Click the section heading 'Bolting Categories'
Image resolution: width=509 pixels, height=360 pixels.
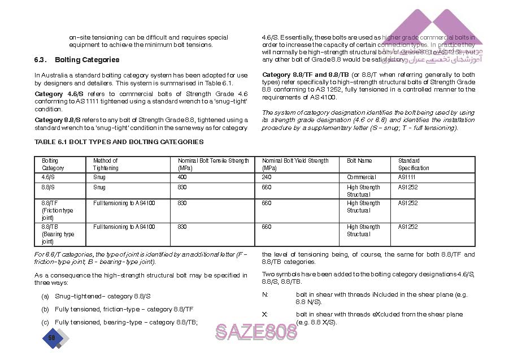click(x=86, y=60)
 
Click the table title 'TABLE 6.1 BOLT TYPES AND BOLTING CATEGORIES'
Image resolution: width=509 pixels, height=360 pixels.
click(x=119, y=142)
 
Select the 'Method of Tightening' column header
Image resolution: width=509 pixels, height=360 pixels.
click(x=106, y=164)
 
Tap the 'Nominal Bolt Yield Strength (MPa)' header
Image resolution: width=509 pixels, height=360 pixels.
click(x=295, y=164)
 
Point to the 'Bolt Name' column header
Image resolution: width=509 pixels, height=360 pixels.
click(x=359, y=161)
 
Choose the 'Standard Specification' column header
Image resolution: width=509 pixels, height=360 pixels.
click(x=414, y=164)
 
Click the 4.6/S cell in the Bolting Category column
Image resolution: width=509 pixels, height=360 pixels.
click(x=47, y=177)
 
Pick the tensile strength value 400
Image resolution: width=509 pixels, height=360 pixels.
click(x=182, y=177)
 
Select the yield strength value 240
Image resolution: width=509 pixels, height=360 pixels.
click(x=267, y=177)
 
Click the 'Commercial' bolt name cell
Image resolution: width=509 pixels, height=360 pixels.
click(x=361, y=177)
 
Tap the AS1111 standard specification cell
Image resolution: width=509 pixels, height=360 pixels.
click(x=407, y=177)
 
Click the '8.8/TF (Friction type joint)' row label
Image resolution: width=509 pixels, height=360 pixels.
click(x=57, y=210)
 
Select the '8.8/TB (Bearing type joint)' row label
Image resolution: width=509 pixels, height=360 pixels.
click(x=58, y=234)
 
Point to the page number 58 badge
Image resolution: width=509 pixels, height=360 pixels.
click(x=51, y=338)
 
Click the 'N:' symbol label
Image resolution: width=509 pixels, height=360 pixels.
click(x=265, y=295)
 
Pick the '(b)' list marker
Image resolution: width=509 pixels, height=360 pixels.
click(x=45, y=310)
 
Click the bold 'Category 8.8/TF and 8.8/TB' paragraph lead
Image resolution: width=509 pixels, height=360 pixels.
click(x=305, y=75)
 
